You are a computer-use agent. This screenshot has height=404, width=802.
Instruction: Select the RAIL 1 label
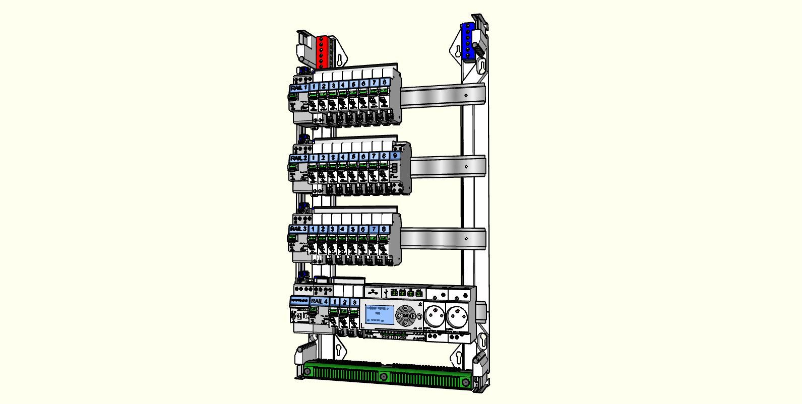pyautogui.click(x=298, y=88)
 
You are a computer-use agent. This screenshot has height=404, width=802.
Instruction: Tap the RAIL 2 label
pyautogui.click(x=298, y=158)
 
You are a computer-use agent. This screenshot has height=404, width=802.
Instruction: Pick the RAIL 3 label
pyautogui.click(x=298, y=229)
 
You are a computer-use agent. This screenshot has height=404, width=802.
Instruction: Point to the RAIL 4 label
pyautogui.click(x=319, y=301)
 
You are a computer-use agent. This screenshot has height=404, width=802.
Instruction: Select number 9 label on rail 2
pyautogui.click(x=394, y=156)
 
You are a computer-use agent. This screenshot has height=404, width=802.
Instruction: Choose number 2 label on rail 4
pyautogui.click(x=344, y=302)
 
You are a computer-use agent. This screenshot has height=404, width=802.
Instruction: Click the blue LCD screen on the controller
pyautogui.click(x=380, y=314)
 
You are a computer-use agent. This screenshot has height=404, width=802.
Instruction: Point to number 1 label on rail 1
pyautogui.click(x=314, y=86)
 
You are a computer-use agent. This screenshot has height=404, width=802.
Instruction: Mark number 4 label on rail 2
pyautogui.click(x=343, y=157)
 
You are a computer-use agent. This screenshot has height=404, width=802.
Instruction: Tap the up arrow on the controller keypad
pyautogui.click(x=405, y=308)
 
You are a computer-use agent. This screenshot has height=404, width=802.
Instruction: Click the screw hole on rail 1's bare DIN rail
pyautogui.click(x=467, y=94)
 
